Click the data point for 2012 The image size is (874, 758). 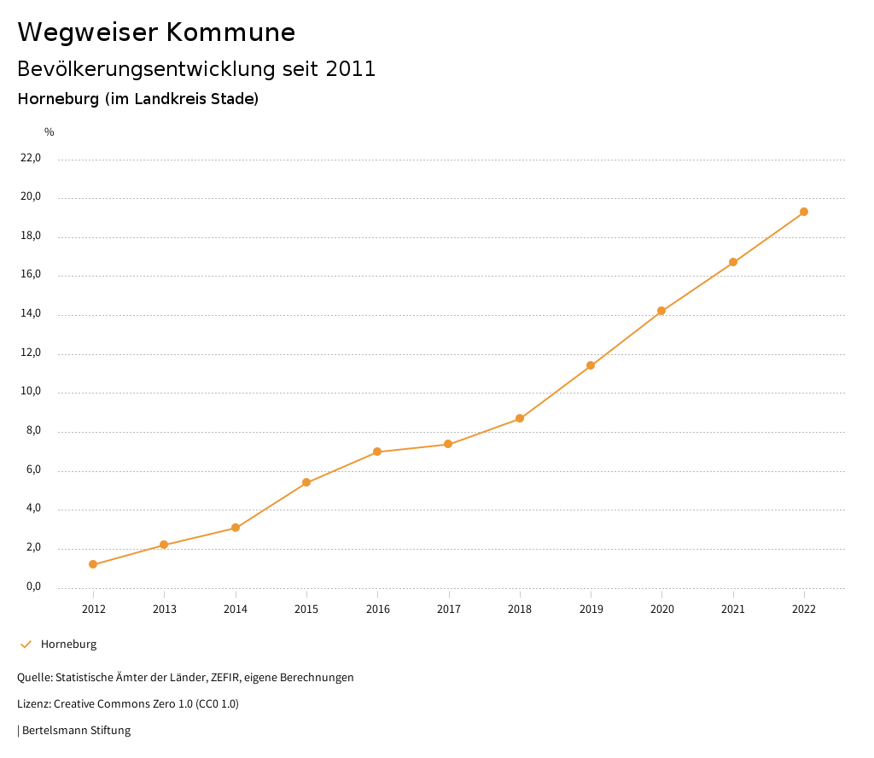click(x=93, y=564)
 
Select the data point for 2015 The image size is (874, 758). click(x=306, y=482)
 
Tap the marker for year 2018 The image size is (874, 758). click(x=520, y=418)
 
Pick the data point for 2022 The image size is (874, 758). click(x=804, y=212)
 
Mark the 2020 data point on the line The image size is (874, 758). click(x=661, y=311)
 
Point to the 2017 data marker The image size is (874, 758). click(x=448, y=444)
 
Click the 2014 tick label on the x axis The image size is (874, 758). click(x=236, y=609)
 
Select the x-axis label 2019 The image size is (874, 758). click(x=591, y=609)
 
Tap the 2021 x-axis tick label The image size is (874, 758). click(x=733, y=609)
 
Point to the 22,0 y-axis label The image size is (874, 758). click(x=31, y=158)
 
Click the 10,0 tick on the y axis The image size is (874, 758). click(x=31, y=393)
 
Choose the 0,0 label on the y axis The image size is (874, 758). click(x=33, y=586)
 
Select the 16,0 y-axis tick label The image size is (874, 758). click(x=31, y=275)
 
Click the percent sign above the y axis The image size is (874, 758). click(x=50, y=131)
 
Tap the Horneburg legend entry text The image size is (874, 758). click(x=68, y=644)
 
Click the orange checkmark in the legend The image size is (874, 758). click(x=26, y=644)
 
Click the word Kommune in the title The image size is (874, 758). click(x=230, y=32)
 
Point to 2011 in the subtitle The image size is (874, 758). click(x=351, y=69)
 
